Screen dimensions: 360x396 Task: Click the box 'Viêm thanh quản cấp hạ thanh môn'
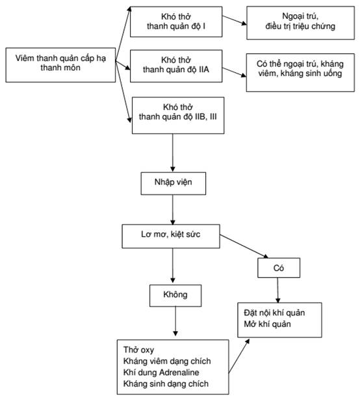tap(60, 65)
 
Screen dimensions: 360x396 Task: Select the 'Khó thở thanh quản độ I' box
tap(176, 21)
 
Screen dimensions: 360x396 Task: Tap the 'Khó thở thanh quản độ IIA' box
tap(176, 66)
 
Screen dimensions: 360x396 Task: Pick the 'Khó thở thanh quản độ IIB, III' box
tap(178, 115)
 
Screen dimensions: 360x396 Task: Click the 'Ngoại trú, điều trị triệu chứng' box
tap(300, 23)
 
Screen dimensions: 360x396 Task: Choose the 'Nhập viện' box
tap(174, 183)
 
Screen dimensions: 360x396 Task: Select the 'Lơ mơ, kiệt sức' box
tap(171, 236)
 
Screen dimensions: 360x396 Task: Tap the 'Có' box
tap(279, 268)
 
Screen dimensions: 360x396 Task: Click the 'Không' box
tap(175, 296)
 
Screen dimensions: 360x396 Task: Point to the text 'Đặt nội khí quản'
tap(274, 313)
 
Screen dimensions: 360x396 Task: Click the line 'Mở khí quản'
tap(267, 324)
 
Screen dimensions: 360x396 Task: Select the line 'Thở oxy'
tap(138, 350)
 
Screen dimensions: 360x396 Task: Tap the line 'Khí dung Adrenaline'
tap(161, 372)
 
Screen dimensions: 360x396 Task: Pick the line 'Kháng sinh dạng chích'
tap(166, 384)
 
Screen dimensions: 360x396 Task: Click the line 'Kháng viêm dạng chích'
tap(167, 361)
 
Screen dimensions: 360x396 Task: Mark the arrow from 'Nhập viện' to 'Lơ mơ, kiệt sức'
tap(173, 209)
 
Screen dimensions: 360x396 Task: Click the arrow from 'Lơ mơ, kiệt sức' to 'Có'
tap(244, 246)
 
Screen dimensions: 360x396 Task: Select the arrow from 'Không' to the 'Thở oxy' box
tap(175, 321)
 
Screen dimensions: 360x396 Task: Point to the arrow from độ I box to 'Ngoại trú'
tap(235, 20)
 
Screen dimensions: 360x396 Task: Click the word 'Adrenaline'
tap(179, 372)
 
